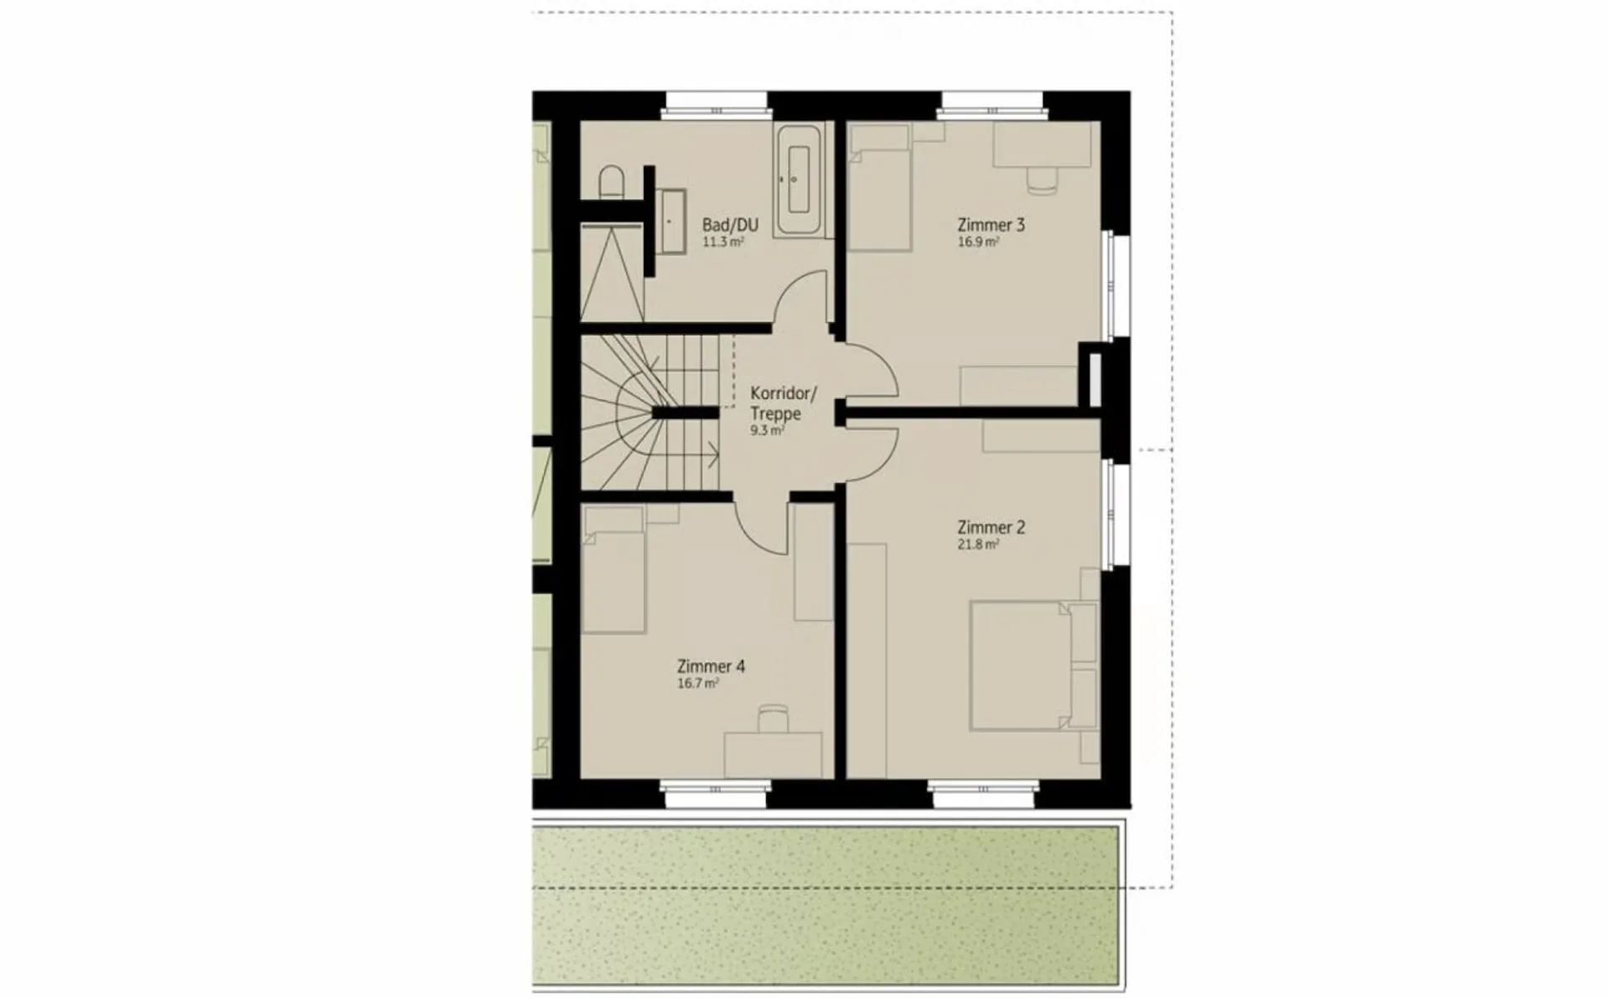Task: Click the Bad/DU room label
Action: (x=730, y=225)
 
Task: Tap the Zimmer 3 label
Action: (x=991, y=225)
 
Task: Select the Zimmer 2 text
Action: (x=991, y=528)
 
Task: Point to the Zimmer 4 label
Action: (x=711, y=667)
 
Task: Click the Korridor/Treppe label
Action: (x=783, y=403)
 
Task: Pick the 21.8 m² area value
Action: (x=978, y=544)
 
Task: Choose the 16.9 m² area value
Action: (x=978, y=242)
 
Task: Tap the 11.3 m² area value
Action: (x=723, y=242)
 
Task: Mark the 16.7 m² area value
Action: (x=698, y=684)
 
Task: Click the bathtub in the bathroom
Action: (x=799, y=179)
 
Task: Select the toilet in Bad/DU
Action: (x=612, y=181)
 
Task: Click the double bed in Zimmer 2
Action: (x=1033, y=666)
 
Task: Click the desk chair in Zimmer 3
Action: (x=1042, y=180)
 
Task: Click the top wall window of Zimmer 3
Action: (x=992, y=107)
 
